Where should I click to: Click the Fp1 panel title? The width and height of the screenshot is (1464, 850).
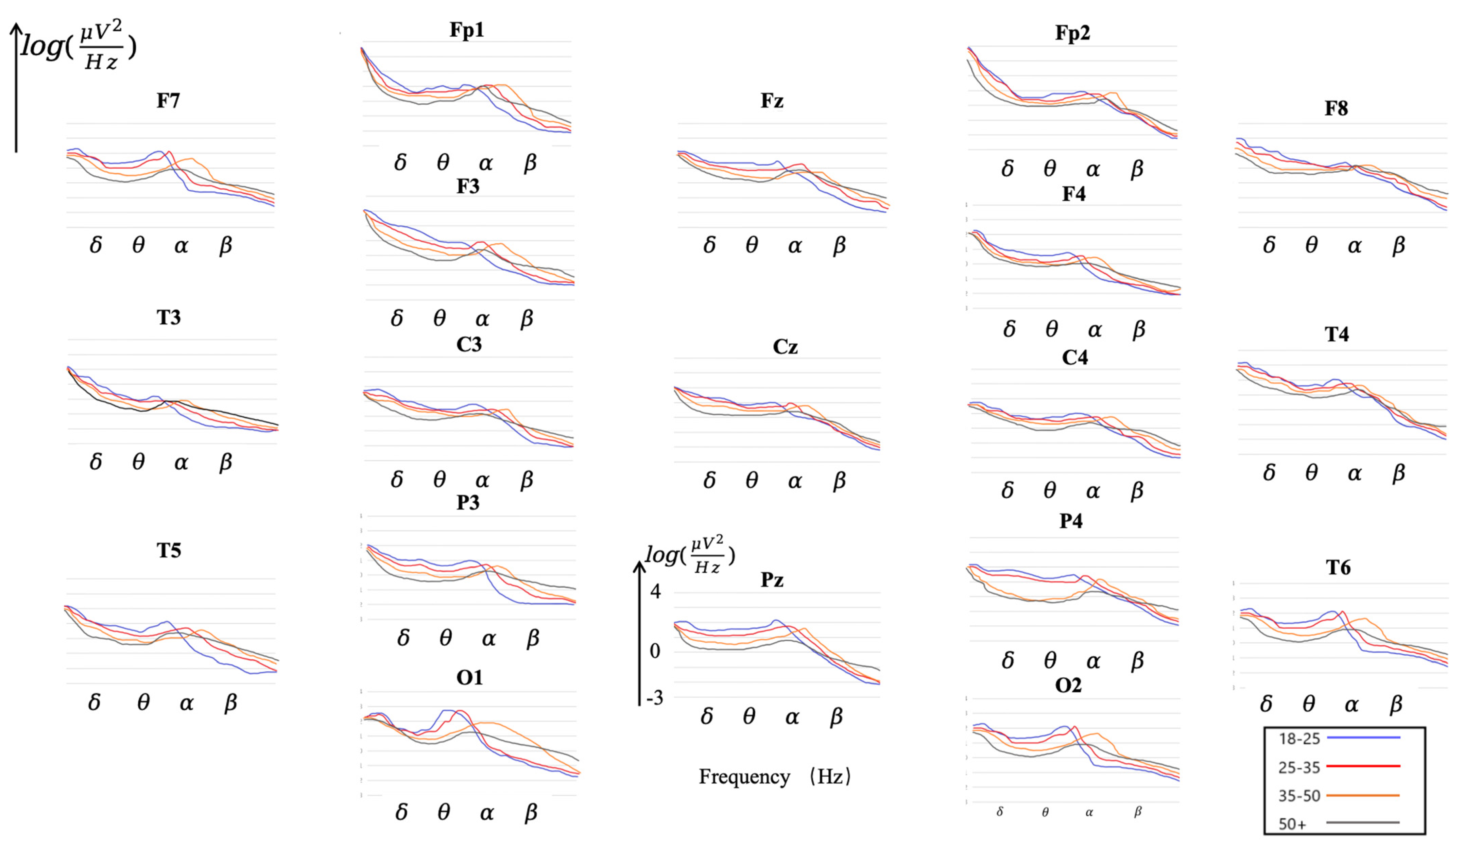pyautogui.click(x=466, y=30)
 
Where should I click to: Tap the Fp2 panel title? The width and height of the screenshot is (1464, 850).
pyautogui.click(x=1072, y=33)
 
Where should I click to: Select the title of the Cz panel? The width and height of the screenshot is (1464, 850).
pyautogui.click(x=785, y=347)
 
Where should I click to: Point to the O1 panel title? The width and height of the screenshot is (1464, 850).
pyautogui.click(x=469, y=677)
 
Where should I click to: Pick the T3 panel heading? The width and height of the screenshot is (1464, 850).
pyautogui.click(x=169, y=318)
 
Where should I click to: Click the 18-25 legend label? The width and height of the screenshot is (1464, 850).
pyautogui.click(x=1299, y=739)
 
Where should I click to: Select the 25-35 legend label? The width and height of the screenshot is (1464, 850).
pyautogui.click(x=1299, y=768)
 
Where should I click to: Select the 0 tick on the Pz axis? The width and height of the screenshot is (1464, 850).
pyautogui.click(x=655, y=651)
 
